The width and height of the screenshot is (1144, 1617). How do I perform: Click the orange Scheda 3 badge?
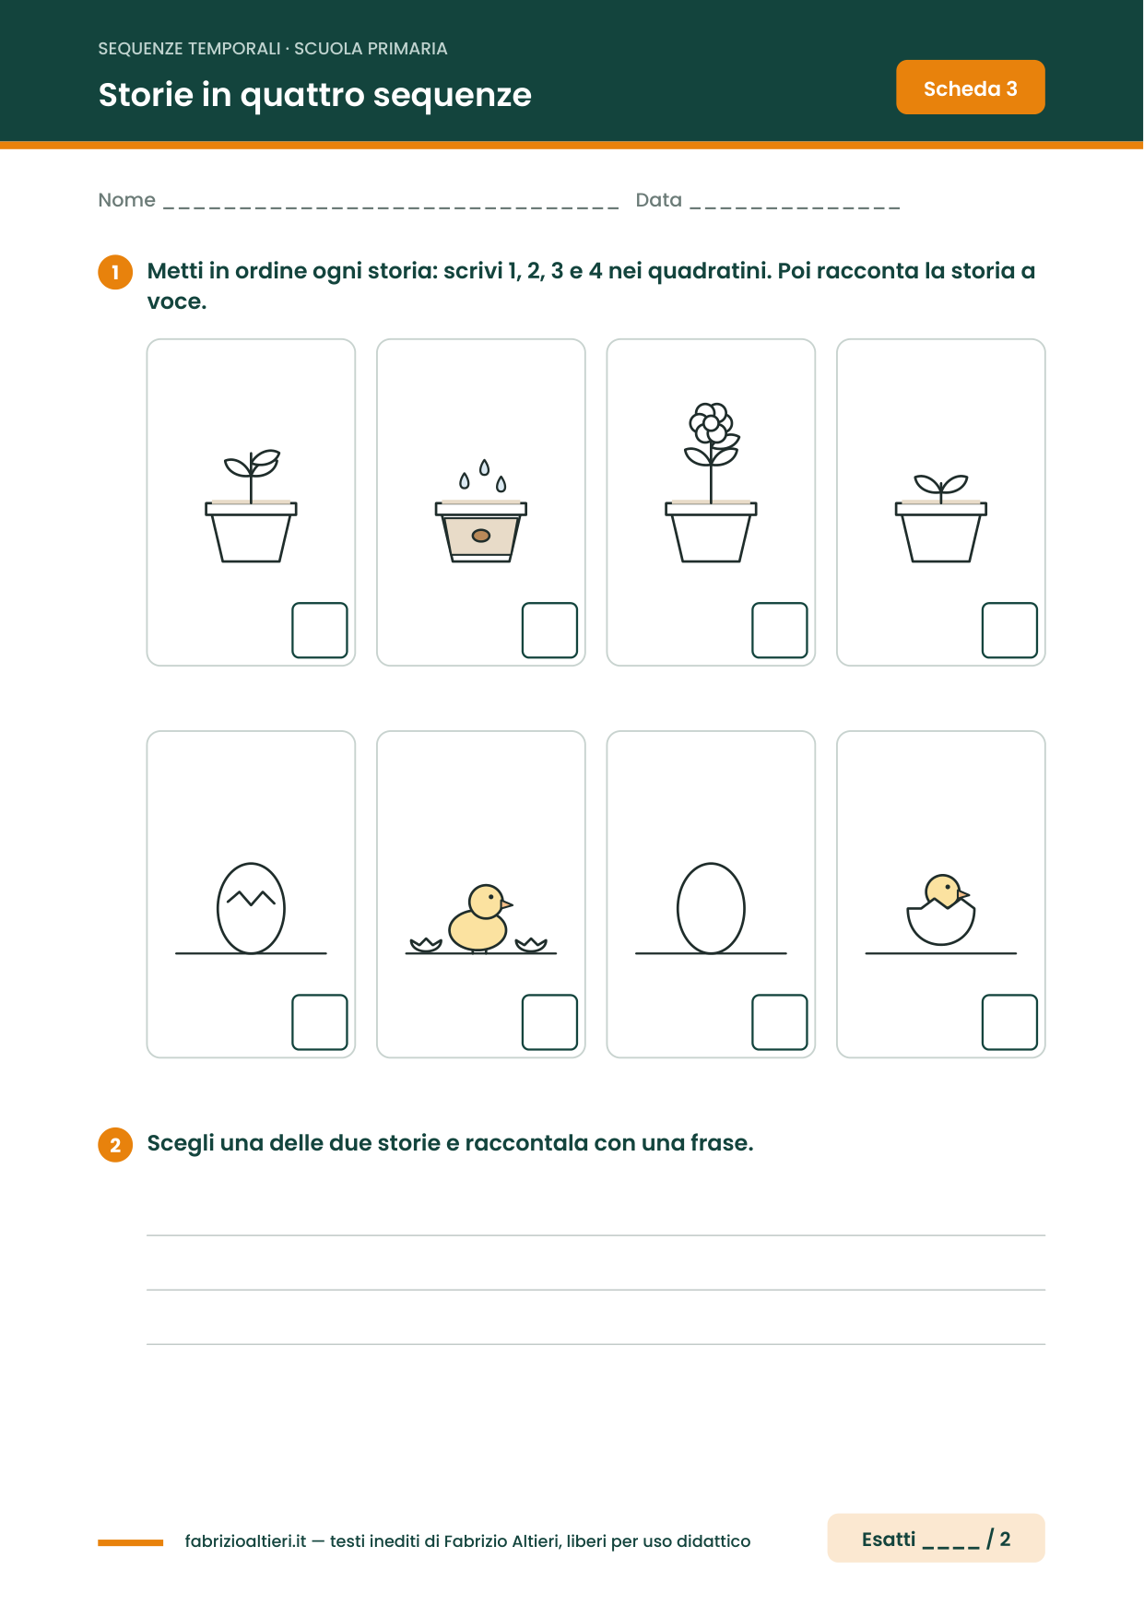(970, 88)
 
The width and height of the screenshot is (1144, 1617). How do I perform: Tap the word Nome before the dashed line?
(126, 200)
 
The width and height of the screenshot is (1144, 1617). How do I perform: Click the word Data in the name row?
(658, 200)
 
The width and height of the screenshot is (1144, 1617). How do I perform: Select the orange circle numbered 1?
(115, 272)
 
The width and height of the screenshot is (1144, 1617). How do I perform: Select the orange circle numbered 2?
(115, 1145)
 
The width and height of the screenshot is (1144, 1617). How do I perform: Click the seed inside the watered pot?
(480, 536)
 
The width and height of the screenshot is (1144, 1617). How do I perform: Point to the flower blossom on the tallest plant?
(711, 423)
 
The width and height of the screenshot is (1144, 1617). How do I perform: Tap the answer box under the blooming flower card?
(780, 631)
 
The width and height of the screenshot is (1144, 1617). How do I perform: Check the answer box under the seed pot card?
(549, 631)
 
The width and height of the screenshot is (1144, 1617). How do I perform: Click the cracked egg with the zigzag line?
(251, 908)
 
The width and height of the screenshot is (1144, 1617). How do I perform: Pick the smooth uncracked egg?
(711, 908)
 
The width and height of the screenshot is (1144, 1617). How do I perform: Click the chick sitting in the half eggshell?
(941, 910)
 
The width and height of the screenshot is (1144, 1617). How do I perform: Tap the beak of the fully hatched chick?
(506, 904)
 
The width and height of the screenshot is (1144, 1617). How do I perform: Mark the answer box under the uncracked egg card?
(780, 1022)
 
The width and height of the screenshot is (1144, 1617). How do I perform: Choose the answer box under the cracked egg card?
(320, 1022)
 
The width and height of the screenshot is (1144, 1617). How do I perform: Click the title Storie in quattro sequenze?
(315, 95)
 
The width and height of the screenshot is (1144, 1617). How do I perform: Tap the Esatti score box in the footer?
(936, 1538)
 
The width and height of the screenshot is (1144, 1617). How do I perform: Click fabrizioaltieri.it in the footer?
(245, 1541)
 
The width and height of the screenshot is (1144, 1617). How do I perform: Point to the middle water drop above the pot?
(484, 467)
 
